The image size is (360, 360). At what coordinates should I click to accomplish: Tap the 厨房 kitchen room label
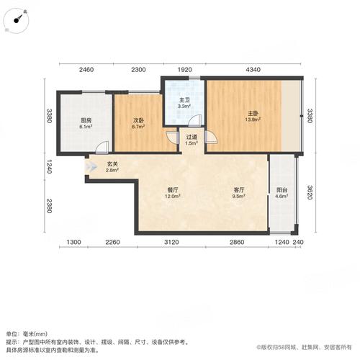point(84,120)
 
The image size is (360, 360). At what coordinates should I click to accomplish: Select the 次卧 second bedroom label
point(139,120)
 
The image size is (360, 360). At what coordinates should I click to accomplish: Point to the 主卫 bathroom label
point(184,100)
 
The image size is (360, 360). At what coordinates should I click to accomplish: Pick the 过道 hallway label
point(191,136)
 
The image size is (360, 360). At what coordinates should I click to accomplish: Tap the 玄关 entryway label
point(112,165)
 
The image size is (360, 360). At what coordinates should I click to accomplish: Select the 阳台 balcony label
point(282,190)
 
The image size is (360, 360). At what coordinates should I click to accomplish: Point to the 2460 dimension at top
point(86,69)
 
